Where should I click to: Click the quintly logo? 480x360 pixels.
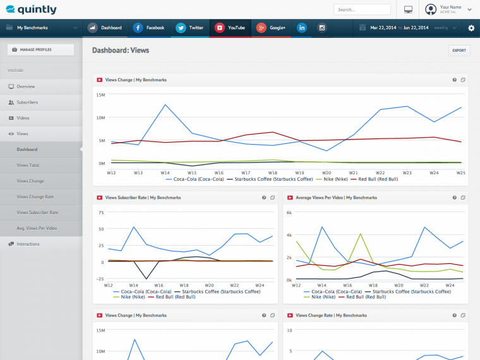click(x=31, y=9)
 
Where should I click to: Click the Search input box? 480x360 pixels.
click(x=362, y=9)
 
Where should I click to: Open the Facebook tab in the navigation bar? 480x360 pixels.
click(x=149, y=28)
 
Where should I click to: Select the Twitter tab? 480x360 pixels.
click(x=190, y=28)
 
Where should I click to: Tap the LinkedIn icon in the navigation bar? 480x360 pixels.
click(x=302, y=28)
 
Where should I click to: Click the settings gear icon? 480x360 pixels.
click(x=471, y=28)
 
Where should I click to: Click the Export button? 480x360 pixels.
click(x=459, y=51)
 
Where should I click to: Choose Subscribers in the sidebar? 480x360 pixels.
click(x=27, y=102)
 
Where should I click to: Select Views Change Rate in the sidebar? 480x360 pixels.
click(x=35, y=197)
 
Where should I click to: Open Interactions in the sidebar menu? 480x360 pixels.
click(x=28, y=244)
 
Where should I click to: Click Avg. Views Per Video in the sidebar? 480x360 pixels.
click(x=37, y=228)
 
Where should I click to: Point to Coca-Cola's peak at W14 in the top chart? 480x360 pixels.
click(x=165, y=105)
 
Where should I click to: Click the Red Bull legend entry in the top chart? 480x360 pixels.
click(x=375, y=179)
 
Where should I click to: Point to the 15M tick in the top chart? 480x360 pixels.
click(x=100, y=95)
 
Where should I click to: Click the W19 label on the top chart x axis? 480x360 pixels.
click(x=299, y=172)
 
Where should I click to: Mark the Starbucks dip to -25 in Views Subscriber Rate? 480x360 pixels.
click(x=147, y=279)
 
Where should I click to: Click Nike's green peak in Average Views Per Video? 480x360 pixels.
click(x=361, y=234)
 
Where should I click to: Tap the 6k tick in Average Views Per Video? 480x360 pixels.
click(x=289, y=212)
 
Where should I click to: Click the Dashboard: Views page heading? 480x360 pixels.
click(x=121, y=50)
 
